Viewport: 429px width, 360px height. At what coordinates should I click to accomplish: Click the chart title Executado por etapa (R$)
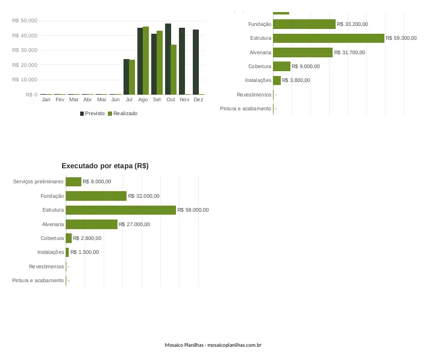[x=105, y=166]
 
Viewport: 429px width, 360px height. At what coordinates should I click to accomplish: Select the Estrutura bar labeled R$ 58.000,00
[x=121, y=210]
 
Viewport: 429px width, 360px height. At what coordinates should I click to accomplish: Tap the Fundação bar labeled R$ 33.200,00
[x=304, y=24]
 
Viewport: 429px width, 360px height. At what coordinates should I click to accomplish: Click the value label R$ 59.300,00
[x=401, y=38]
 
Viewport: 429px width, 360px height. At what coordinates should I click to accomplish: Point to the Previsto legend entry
[x=92, y=113]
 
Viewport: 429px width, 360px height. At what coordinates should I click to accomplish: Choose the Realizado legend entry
[x=122, y=113]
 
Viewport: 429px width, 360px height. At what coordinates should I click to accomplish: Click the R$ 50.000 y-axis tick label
[x=25, y=21]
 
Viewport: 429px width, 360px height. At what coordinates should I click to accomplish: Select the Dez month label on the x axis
[x=198, y=99]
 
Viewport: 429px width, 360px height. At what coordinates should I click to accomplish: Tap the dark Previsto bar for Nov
[x=182, y=61]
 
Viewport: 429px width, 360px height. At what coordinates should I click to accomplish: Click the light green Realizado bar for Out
[x=174, y=69]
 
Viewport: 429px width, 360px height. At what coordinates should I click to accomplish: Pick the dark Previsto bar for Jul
[x=127, y=77]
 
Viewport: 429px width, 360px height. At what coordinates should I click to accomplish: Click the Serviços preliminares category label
[x=39, y=182]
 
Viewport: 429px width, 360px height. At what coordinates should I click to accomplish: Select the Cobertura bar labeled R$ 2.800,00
[x=69, y=238]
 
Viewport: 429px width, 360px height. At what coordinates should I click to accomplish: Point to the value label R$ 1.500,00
[x=84, y=252]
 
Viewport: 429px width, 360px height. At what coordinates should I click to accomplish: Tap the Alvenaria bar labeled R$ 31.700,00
[x=303, y=52]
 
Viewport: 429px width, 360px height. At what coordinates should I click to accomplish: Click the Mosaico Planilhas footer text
[x=213, y=345]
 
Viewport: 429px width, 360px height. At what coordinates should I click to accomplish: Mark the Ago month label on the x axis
[x=143, y=99]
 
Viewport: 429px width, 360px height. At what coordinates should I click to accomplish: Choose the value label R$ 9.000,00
[x=305, y=66]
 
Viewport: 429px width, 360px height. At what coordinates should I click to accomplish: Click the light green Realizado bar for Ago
[x=146, y=60]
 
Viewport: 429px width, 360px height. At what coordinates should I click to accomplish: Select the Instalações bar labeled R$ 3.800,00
[x=277, y=80]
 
